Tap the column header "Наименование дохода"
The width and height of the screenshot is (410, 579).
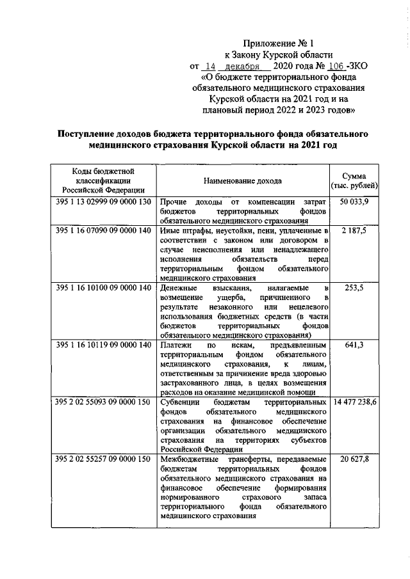[243, 181]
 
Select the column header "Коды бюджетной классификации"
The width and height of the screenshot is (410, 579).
[103, 180]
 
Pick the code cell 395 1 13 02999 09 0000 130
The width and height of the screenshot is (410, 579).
[103, 202]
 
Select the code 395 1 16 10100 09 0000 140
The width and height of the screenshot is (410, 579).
[103, 287]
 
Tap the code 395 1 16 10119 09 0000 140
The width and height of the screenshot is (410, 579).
[103, 345]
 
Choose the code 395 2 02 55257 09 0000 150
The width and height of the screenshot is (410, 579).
[103, 459]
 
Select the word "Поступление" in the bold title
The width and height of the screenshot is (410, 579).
[87, 135]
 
